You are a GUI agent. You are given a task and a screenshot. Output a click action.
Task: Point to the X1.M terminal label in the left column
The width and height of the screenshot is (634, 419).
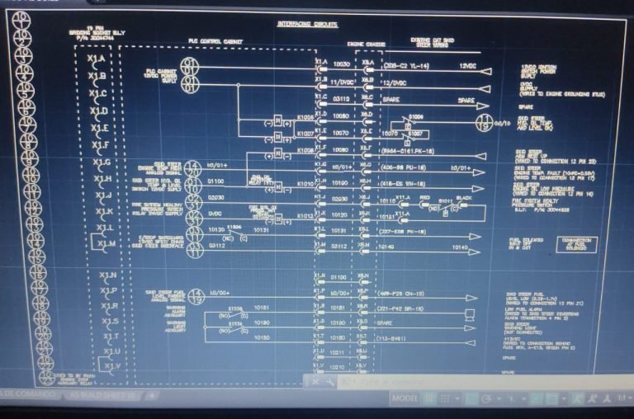coord(106,244)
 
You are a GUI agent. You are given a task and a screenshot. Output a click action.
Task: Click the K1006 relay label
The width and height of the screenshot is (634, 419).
coord(305,117)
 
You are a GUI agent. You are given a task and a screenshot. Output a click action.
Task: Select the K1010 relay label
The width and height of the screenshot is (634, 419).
coord(305,182)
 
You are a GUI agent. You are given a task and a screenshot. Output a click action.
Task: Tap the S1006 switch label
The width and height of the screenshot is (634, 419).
coord(416,117)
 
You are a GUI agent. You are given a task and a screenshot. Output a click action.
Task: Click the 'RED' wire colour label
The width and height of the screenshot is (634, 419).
coord(424,199)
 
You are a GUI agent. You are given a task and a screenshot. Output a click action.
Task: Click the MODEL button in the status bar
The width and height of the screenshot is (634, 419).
coord(405,398)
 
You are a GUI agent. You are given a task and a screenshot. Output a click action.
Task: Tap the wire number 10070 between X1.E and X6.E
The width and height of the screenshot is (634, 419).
coord(341,132)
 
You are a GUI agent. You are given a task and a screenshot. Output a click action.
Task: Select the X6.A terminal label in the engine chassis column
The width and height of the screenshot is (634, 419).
coord(367,63)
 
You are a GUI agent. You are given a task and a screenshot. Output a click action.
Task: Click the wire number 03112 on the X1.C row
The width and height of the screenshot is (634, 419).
coord(341,98)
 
